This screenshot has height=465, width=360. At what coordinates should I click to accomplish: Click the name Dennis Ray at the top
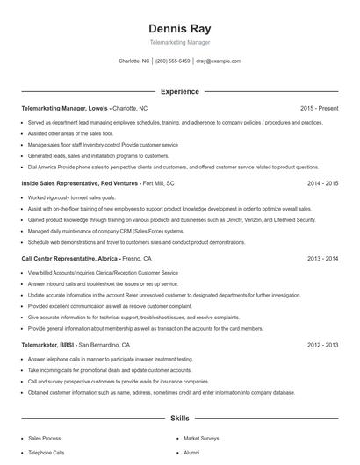tap(179, 28)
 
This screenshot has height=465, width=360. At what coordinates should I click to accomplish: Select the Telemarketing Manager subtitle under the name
tap(179, 41)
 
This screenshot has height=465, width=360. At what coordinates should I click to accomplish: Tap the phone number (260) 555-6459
tap(173, 61)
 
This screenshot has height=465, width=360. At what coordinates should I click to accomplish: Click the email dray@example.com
tap(219, 61)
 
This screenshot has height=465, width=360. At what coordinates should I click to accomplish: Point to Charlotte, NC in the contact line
tap(134, 61)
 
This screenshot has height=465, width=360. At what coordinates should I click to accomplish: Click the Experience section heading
tap(179, 91)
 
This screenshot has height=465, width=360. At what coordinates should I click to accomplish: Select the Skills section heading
tap(179, 419)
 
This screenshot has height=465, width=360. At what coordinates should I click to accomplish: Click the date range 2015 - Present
tap(319, 108)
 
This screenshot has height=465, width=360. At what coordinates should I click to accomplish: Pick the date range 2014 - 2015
tap(322, 183)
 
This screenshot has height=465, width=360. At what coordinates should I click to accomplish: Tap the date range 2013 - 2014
tap(322, 259)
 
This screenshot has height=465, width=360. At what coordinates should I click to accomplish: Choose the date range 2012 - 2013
tap(322, 345)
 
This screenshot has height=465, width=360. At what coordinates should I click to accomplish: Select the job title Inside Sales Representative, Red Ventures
tap(79, 183)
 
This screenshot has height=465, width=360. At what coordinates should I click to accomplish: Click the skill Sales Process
tap(45, 437)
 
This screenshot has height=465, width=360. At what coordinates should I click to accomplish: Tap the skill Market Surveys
tap(201, 437)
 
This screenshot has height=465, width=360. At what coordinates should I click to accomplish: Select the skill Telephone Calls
tap(47, 453)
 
